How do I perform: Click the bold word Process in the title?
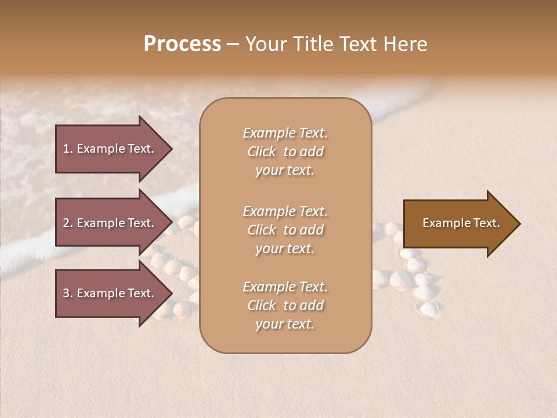coord(182,44)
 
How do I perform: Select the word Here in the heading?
coord(406,44)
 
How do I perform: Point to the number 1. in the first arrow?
coord(68,149)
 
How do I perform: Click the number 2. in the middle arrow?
coord(68,223)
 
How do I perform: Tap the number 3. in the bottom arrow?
coord(68,293)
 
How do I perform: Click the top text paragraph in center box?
coord(285,152)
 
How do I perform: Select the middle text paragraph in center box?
coord(285,230)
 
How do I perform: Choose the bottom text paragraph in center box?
coord(285,305)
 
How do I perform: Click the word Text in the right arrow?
coord(486,223)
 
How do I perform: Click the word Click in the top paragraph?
coord(262,152)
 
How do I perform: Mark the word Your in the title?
coord(264,44)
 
